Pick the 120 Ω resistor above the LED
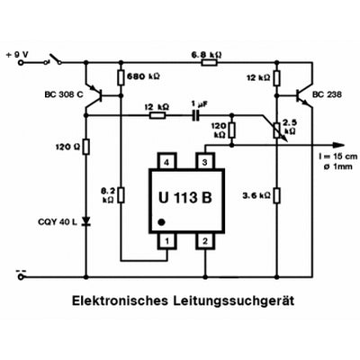(x=87, y=144)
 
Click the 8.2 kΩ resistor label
(x=108, y=196)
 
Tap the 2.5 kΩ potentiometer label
(x=290, y=126)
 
